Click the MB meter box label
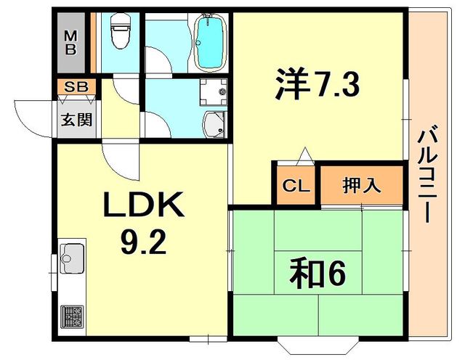pyautogui.click(x=71, y=41)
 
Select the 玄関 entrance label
pyautogui.click(x=76, y=120)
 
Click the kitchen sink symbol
pyautogui.click(x=72, y=255)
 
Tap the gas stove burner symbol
pyautogui.click(x=72, y=316)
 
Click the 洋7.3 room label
pyautogui.click(x=317, y=86)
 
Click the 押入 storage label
pyautogui.click(x=361, y=185)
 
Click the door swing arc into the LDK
pyautogui.click(x=115, y=156)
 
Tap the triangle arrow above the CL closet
pyautogui.click(x=304, y=154)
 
